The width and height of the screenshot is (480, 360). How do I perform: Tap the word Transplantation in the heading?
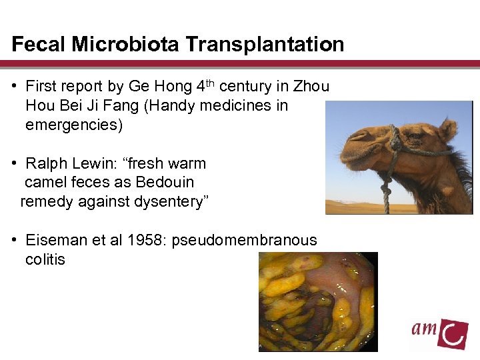tap(265, 45)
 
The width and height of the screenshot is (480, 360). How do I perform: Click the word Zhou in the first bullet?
tap(311, 87)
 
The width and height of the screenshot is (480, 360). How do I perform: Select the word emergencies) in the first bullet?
tap(74, 125)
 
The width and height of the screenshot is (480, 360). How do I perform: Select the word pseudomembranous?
tap(244, 240)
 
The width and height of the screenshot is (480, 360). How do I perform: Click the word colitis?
tap(45, 259)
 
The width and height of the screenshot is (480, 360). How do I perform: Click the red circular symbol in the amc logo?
tap(455, 333)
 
